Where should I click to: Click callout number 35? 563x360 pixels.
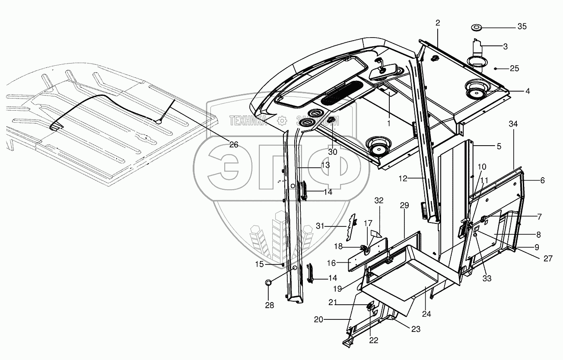tap(522, 26)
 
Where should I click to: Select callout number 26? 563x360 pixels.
tap(233, 145)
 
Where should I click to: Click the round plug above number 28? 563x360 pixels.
tap(268, 283)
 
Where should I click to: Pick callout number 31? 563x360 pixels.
tap(320, 225)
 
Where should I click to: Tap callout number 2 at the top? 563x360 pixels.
tap(438, 23)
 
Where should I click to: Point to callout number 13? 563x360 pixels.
tap(325, 165)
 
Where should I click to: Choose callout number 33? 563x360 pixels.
tap(487, 279)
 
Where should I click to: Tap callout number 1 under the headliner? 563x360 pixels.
tap(388, 123)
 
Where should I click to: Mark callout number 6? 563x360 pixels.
tap(542, 181)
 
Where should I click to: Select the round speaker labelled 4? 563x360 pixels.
tap(475, 92)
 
